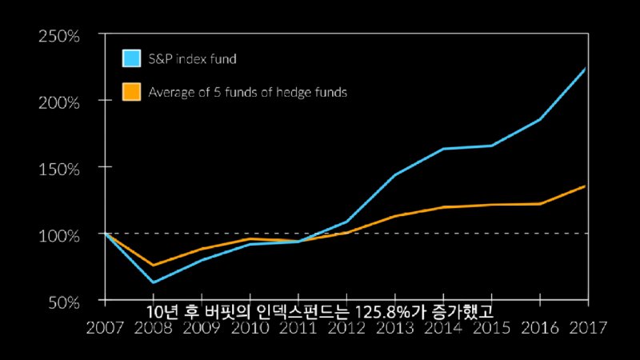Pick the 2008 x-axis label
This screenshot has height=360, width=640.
(x=152, y=328)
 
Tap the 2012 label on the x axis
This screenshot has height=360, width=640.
(x=346, y=328)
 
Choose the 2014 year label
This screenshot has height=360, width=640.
(x=442, y=328)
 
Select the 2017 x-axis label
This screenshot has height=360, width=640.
(x=588, y=328)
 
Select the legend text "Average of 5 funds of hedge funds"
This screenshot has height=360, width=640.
(x=248, y=92)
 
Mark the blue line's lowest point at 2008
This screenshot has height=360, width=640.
(x=152, y=282)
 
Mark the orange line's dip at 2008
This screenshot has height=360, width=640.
(x=152, y=265)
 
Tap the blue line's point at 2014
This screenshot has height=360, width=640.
(x=442, y=149)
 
